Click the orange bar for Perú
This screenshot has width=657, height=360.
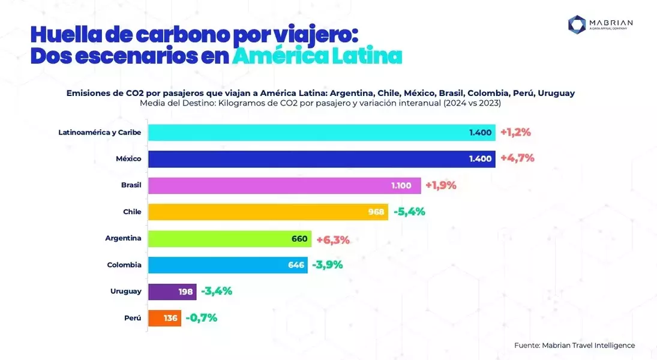164,318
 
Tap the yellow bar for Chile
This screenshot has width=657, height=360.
268,212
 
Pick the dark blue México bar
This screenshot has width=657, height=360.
322,159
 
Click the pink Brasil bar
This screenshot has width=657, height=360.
284,185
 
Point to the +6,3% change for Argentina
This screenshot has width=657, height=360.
333,240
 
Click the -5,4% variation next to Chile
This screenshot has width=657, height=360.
409,212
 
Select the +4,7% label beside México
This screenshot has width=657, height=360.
517,158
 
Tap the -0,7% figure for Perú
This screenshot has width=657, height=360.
202,317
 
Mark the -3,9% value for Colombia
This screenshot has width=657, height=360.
327,265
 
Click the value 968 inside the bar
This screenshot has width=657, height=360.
376,212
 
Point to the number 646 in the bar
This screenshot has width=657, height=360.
296,265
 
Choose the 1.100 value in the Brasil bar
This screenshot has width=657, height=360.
401,185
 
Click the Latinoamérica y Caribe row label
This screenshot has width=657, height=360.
100,133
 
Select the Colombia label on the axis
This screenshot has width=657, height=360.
124,265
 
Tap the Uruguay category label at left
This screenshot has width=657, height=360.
126,291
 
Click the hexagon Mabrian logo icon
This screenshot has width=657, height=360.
577,25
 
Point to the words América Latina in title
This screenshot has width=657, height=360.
317,56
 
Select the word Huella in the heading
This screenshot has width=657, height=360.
66,35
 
